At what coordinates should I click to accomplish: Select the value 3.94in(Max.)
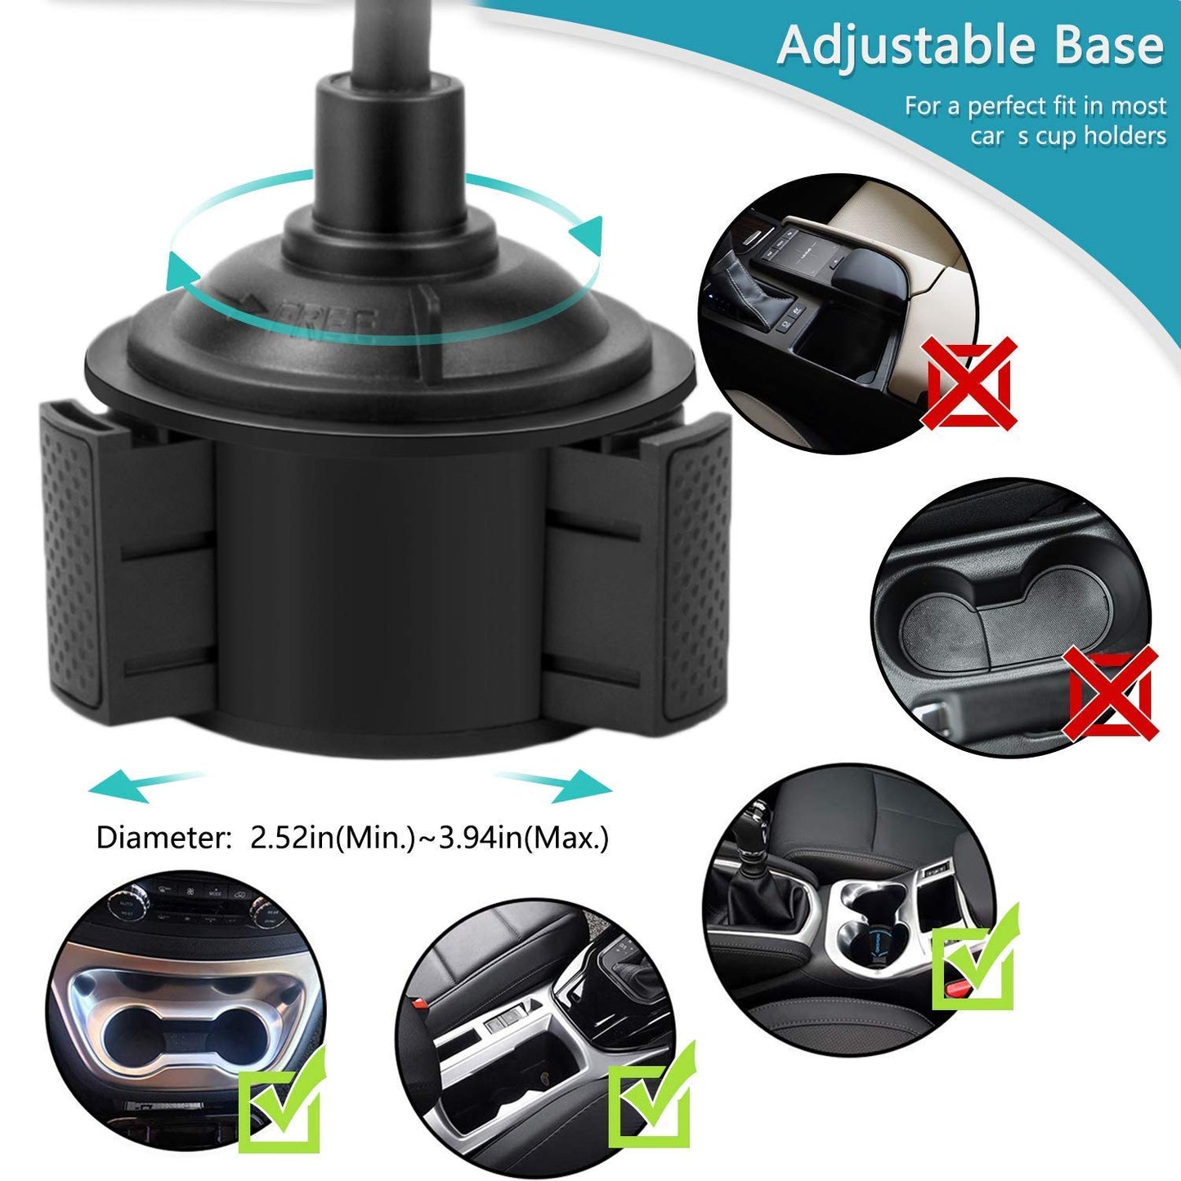pyautogui.click(x=524, y=839)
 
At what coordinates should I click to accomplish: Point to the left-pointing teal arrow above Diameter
pyautogui.click(x=139, y=785)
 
